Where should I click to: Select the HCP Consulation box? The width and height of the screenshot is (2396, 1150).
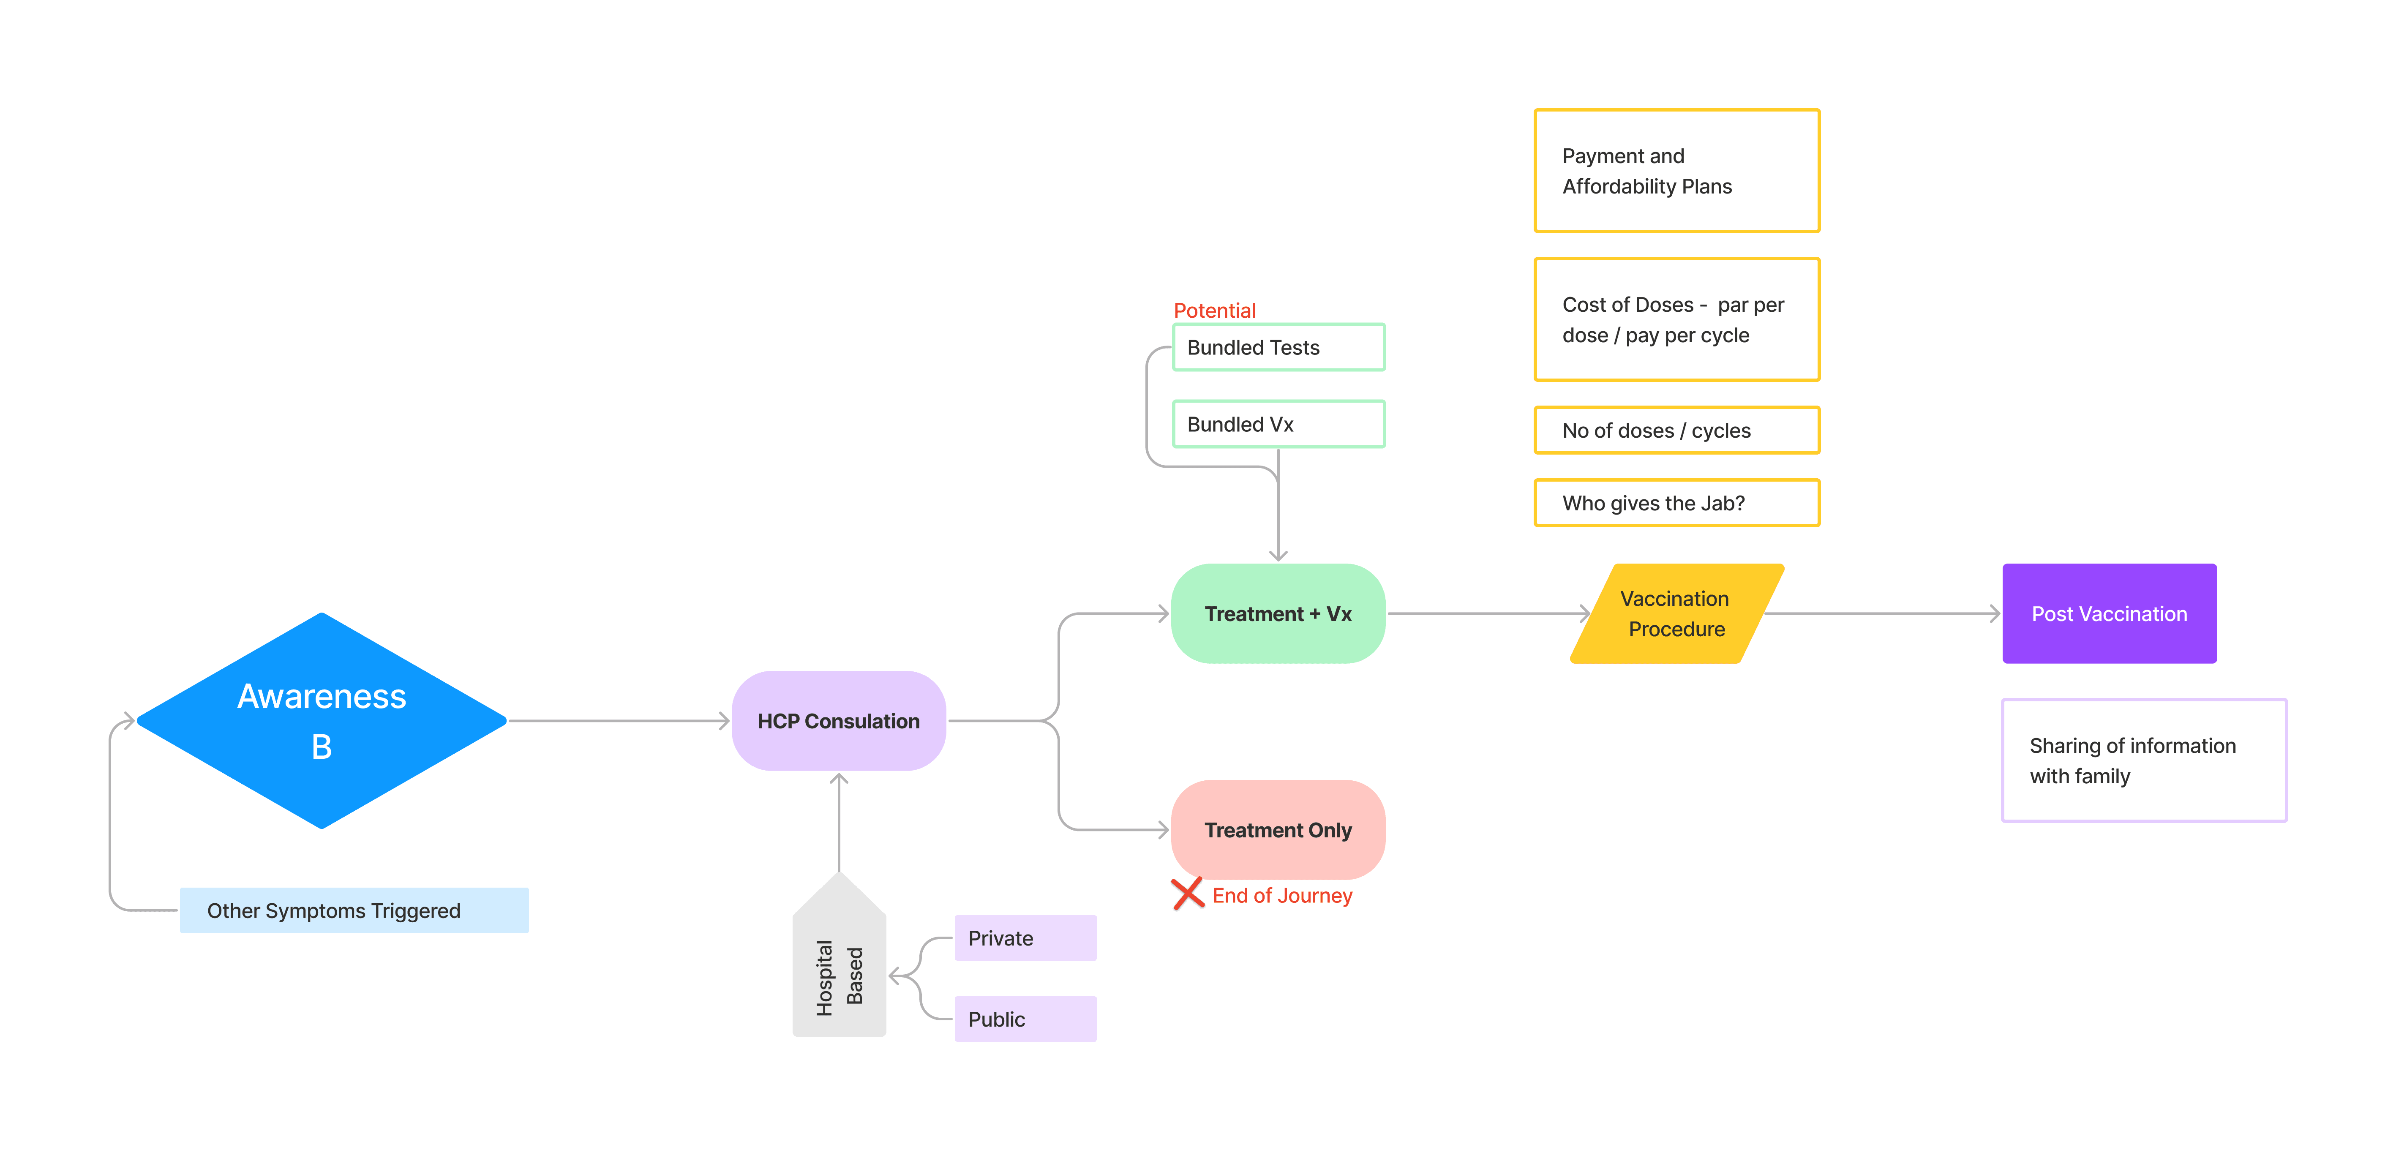pyautogui.click(x=838, y=721)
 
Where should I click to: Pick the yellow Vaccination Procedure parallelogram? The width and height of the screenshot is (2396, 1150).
pyautogui.click(x=1676, y=614)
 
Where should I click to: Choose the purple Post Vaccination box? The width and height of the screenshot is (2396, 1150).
pyautogui.click(x=2109, y=614)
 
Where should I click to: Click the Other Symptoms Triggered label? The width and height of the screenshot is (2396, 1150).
pyautogui.click(x=354, y=911)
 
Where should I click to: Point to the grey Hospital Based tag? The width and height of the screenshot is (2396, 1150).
pyautogui.click(x=839, y=967)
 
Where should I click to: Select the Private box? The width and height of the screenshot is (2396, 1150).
pyautogui.click(x=1025, y=938)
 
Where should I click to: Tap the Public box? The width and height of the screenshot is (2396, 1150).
pyautogui.click(x=1025, y=1019)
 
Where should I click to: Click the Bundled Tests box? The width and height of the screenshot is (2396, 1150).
pyautogui.click(x=1278, y=347)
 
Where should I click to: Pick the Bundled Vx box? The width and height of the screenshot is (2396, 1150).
pyautogui.click(x=1278, y=424)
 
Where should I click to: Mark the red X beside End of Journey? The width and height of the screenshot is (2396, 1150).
pyautogui.click(x=1188, y=894)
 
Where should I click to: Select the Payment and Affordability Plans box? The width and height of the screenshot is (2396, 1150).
pyautogui.click(x=1676, y=171)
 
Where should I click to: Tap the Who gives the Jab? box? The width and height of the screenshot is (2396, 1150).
pyautogui.click(x=1676, y=503)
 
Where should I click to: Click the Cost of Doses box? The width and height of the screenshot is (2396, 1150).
pyautogui.click(x=1676, y=320)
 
